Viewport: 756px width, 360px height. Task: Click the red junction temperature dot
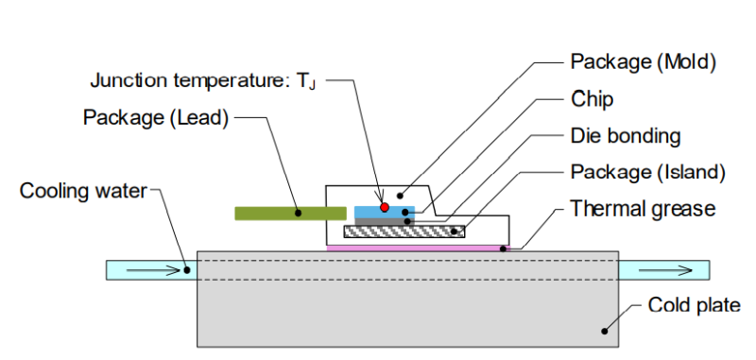click(x=385, y=207)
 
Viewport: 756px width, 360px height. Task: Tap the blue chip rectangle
click(x=385, y=212)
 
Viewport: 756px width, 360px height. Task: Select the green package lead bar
click(x=291, y=213)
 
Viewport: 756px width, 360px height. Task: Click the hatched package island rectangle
click(x=404, y=231)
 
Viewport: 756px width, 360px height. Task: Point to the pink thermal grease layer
click(x=418, y=249)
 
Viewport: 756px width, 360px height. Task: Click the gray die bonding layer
click(x=385, y=221)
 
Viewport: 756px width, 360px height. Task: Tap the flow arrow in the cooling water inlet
click(x=153, y=271)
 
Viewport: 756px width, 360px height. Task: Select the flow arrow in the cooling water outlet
click(x=665, y=271)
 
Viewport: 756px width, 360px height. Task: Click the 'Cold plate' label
click(x=694, y=305)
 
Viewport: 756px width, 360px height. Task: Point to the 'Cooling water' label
click(x=83, y=191)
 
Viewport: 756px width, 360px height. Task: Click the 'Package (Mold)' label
click(x=644, y=62)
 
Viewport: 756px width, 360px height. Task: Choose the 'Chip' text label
click(x=593, y=99)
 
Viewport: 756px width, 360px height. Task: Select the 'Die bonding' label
click(x=626, y=136)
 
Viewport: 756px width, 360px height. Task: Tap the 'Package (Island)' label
click(x=647, y=172)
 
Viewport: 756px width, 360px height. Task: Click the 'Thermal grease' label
click(x=643, y=209)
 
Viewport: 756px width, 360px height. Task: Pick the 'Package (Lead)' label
click(x=155, y=117)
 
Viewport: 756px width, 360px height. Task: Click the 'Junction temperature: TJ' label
click(x=203, y=80)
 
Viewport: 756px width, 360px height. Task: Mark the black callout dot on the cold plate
click(x=604, y=331)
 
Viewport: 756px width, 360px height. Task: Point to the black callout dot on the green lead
click(x=298, y=213)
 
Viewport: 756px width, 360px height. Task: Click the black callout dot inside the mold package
click(x=400, y=196)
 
